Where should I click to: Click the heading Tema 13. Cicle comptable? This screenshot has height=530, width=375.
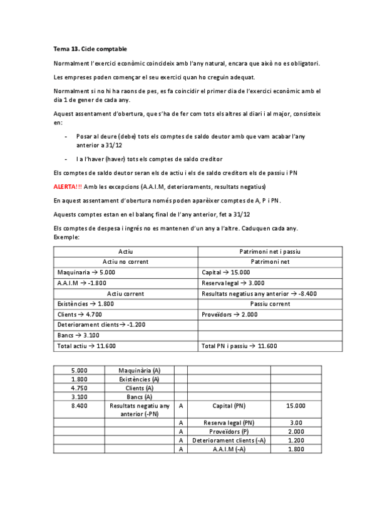click(90, 49)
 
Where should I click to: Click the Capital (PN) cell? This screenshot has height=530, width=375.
click(229, 406)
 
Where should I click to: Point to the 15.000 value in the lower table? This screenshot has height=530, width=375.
click(296, 406)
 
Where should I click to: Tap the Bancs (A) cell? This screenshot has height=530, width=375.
click(139, 396)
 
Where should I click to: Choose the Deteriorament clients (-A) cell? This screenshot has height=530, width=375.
click(229, 440)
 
